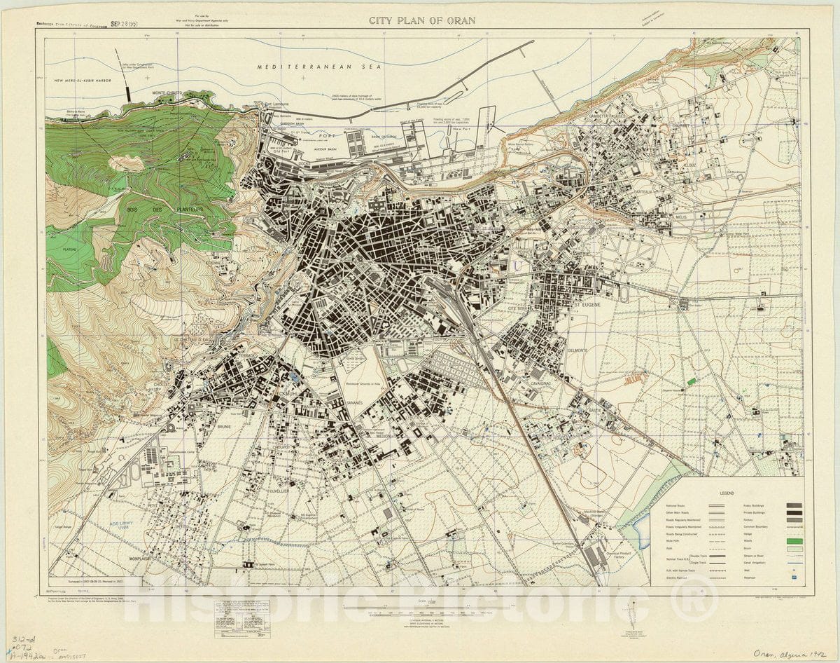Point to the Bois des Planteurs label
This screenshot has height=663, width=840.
point(175,209)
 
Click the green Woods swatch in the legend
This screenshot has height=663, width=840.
point(792,542)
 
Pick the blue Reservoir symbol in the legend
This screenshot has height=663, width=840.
point(792,578)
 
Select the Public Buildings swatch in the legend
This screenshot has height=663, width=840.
point(792,505)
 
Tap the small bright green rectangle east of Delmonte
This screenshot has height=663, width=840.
point(692,381)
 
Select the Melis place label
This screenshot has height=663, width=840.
point(678,217)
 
